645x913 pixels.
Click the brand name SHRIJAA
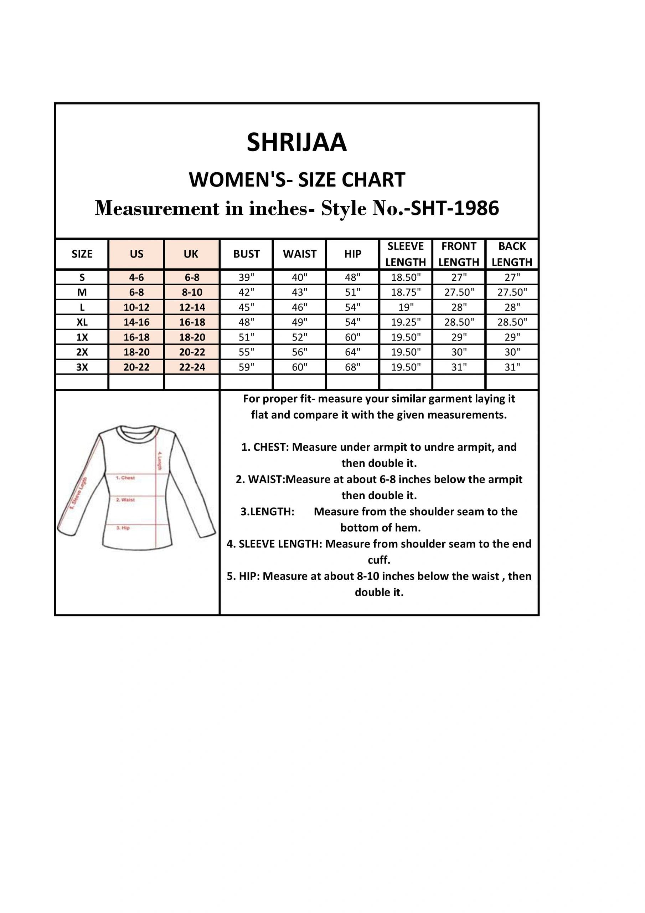296,142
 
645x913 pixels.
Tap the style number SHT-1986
455,208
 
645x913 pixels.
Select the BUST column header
246,254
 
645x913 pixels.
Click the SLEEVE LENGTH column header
406,254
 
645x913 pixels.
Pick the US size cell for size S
136,277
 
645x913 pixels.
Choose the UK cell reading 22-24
192,367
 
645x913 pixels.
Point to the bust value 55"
246,352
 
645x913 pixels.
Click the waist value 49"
300,322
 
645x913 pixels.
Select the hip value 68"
352,367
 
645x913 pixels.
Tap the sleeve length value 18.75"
406,292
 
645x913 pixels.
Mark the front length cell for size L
459,307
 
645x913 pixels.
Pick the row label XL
82,322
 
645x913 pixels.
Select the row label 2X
82,352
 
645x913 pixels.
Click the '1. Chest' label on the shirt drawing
125,478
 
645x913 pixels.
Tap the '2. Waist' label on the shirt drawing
125,499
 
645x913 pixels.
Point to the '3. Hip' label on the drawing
123,528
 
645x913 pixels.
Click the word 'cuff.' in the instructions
379,560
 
